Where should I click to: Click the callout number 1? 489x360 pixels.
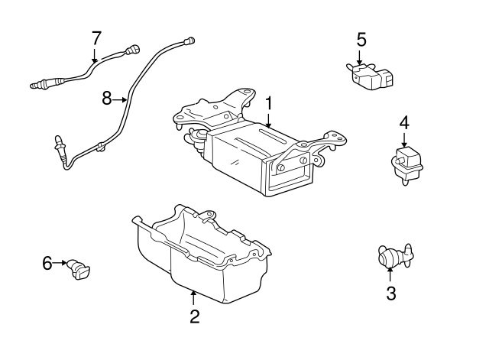point(268,102)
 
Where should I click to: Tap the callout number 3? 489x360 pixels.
point(390,293)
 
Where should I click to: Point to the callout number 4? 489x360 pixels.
point(403,122)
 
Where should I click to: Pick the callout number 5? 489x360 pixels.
point(361,38)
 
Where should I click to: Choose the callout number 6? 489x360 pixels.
point(47,264)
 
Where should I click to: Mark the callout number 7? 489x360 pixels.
point(96,37)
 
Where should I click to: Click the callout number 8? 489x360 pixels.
point(107,98)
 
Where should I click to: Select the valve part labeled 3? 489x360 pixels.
point(391,256)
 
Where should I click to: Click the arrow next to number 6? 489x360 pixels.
point(61,264)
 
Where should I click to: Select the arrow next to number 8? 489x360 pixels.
point(120,99)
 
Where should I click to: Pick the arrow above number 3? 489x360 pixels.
point(390,274)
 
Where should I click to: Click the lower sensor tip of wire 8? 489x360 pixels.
point(58,142)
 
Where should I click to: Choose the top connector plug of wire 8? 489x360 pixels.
point(189,38)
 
